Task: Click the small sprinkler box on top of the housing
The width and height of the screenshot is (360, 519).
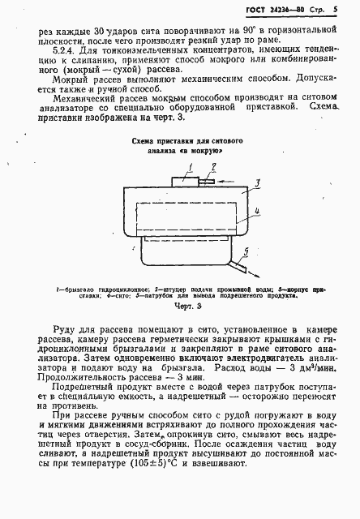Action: tap(186, 179)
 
